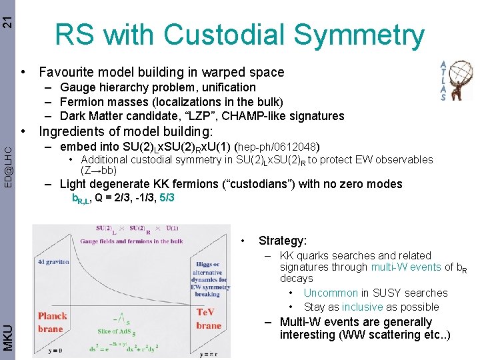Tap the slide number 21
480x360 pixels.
pyautogui.click(x=7, y=15)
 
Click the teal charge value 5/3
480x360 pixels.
pyautogui.click(x=167, y=198)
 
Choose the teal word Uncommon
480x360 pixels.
pyautogui.click(x=330, y=293)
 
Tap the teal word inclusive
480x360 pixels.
pyautogui.click(x=363, y=307)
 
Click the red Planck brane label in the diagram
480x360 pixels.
pyautogui.click(x=53, y=321)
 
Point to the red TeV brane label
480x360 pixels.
pyautogui.click(x=209, y=319)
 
